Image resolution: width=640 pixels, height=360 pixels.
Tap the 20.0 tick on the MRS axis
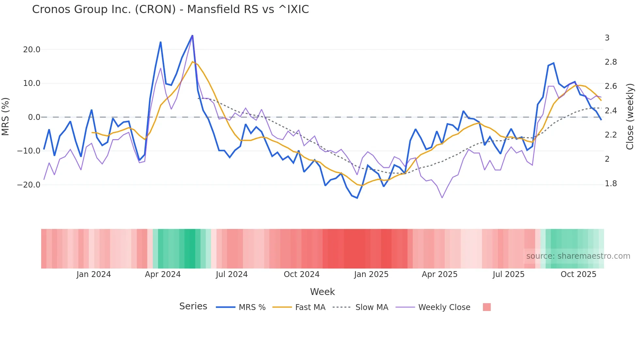tap(32, 50)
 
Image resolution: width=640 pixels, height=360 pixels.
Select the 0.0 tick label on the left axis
tap(34, 117)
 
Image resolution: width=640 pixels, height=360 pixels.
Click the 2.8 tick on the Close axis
tap(611, 62)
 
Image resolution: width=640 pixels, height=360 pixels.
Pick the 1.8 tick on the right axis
tap(611, 184)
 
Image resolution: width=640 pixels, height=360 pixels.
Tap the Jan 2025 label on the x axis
tap(371, 274)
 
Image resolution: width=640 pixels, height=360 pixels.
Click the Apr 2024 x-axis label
tap(163, 274)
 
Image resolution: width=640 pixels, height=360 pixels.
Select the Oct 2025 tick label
tap(578, 274)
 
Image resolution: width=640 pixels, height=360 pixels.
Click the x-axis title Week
tap(322, 292)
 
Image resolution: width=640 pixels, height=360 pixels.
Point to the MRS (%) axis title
tap(6, 117)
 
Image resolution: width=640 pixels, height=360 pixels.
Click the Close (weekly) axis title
tap(630, 117)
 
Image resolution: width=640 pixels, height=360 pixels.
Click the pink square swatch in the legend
tap(487, 307)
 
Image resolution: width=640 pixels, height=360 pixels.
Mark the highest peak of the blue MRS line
tap(192, 35)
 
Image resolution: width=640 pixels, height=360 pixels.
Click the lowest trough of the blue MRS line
tap(357, 198)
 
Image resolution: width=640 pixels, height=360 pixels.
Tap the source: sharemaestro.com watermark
tap(578, 256)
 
